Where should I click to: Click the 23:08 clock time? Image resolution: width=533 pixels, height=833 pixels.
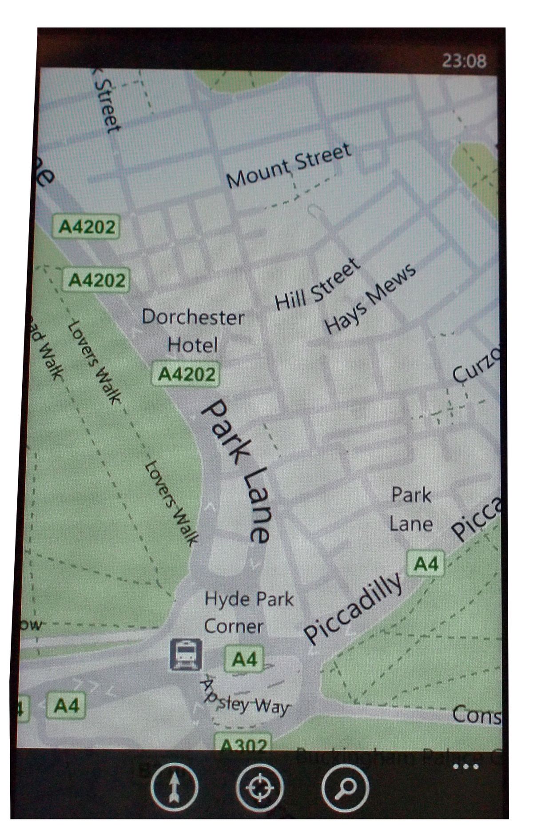(464, 60)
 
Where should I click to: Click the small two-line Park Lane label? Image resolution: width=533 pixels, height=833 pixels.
(411, 510)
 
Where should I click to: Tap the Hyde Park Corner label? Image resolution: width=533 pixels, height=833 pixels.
(248, 613)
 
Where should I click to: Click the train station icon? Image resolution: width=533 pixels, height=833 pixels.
(186, 654)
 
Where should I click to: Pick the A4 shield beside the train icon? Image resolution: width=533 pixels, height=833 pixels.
(244, 659)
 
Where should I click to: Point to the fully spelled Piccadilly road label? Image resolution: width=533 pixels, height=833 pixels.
(354, 610)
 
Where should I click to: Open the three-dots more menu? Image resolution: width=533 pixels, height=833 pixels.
(465, 766)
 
